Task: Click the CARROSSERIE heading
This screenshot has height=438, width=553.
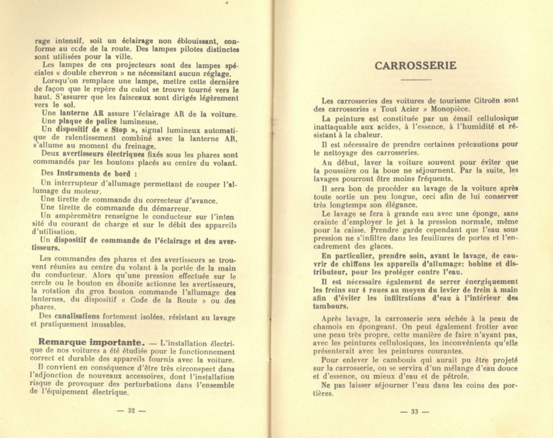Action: (x=415, y=66)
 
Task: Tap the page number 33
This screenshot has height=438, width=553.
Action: (x=414, y=412)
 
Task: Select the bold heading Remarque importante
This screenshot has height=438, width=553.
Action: (x=83, y=342)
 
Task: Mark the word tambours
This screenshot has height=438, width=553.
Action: (x=331, y=307)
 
